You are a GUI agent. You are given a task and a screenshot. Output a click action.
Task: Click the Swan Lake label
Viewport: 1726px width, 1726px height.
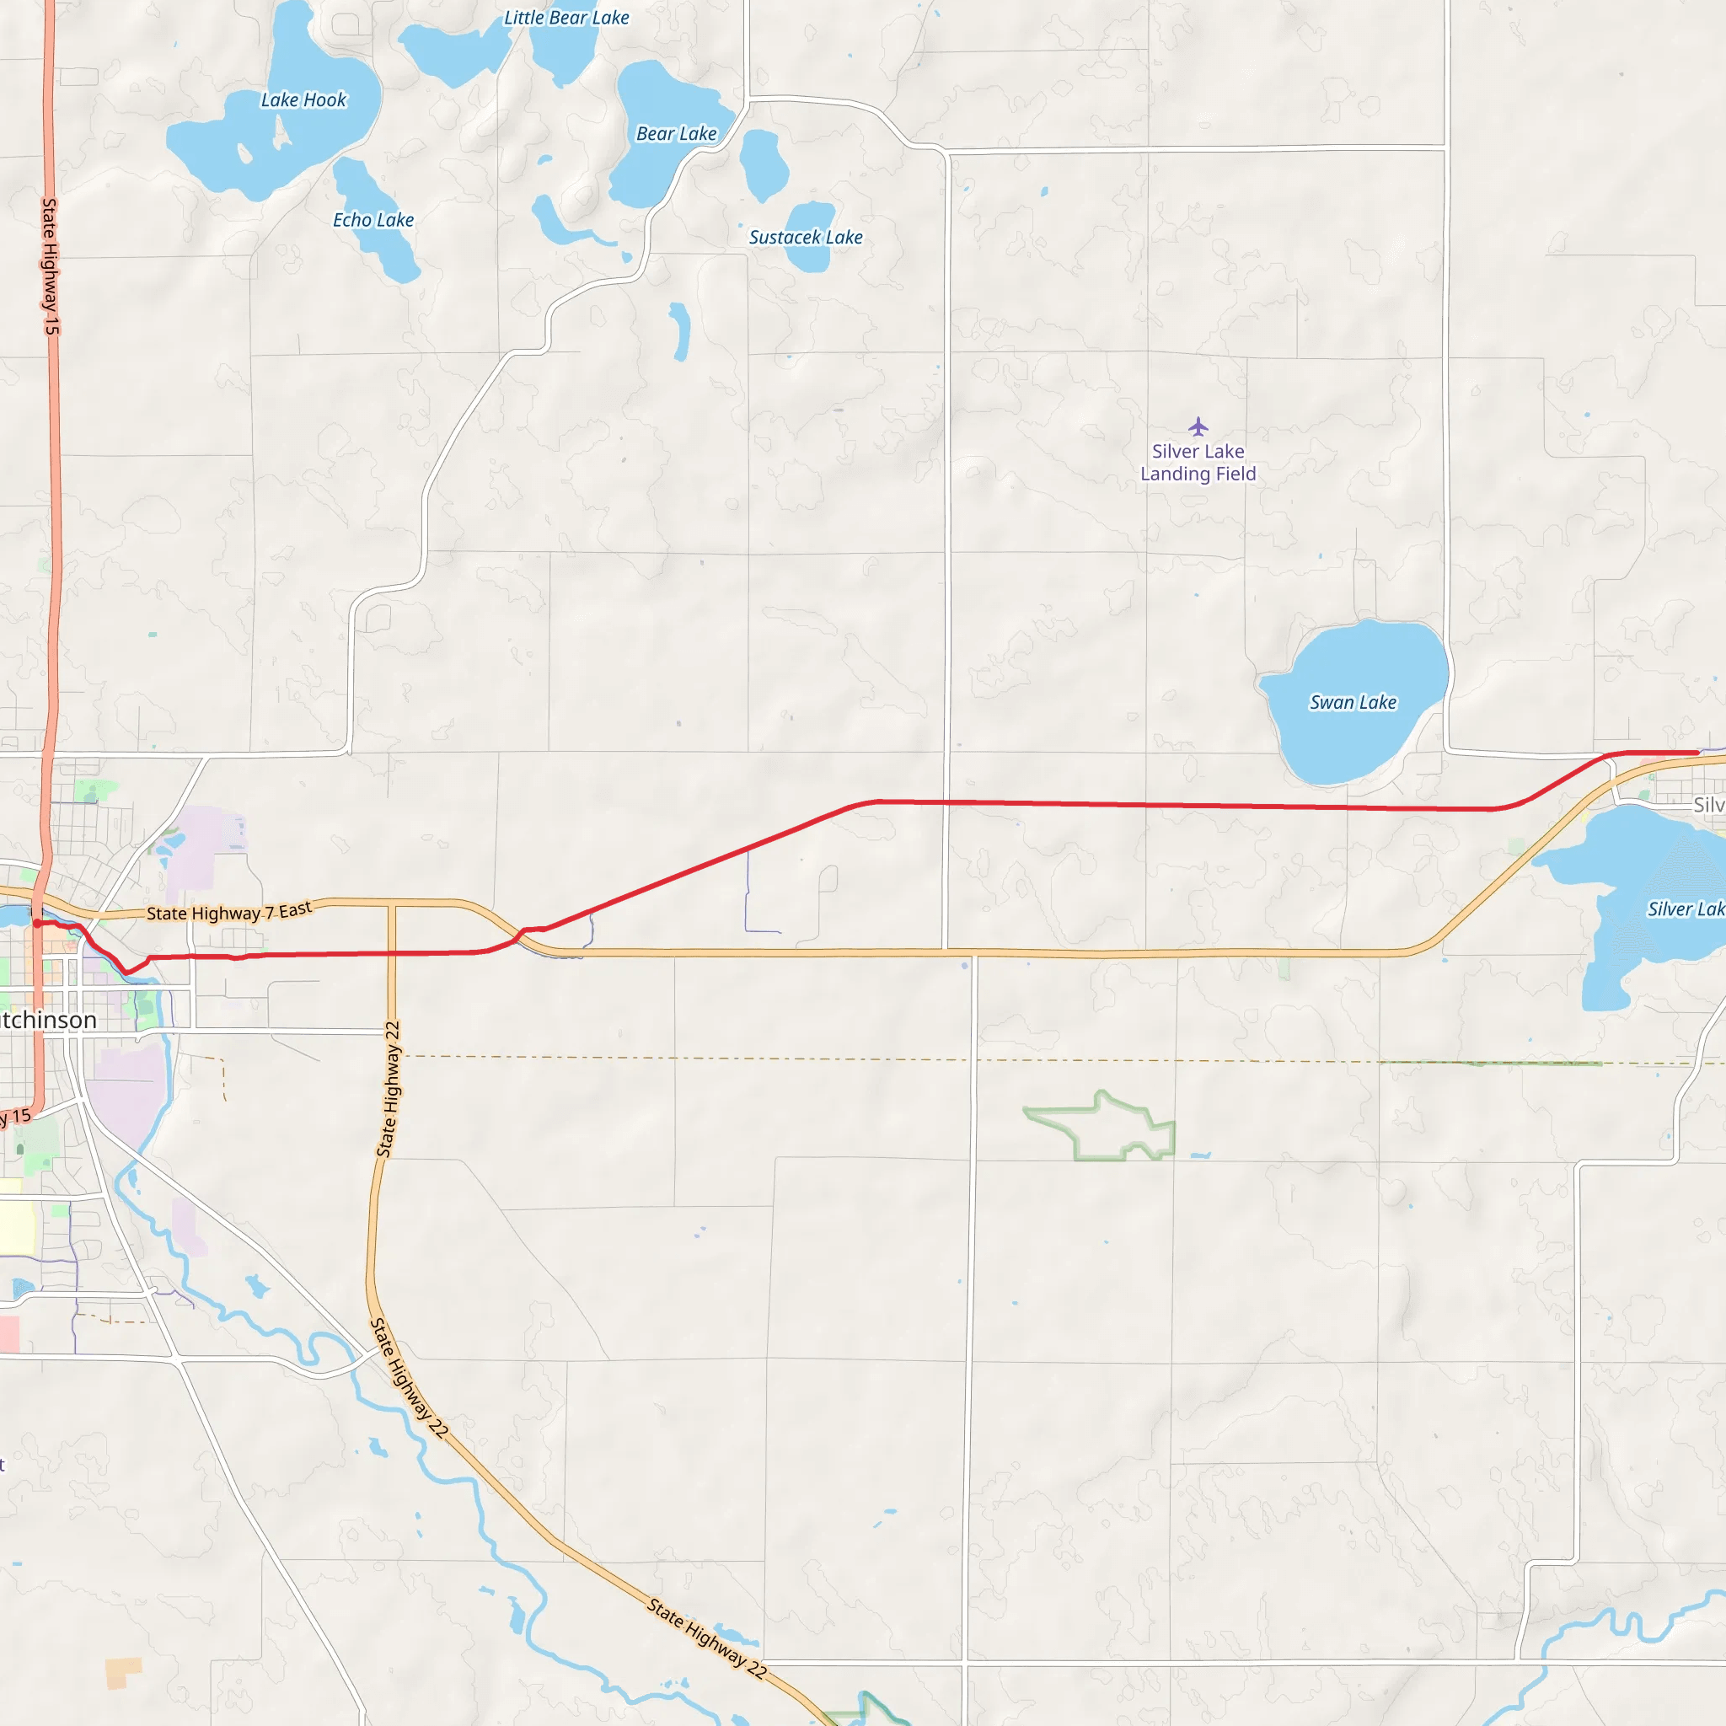click(1353, 703)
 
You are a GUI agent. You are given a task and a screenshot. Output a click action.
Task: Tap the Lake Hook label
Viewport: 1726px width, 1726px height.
click(303, 100)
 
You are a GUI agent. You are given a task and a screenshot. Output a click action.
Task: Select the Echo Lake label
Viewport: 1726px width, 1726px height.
click(373, 220)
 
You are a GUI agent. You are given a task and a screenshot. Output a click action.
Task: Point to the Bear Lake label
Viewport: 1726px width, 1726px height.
click(676, 134)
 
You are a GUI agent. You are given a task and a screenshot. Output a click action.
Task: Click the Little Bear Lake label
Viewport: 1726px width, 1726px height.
click(566, 18)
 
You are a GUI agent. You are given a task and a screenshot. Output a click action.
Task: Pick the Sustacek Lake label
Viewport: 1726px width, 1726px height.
click(805, 238)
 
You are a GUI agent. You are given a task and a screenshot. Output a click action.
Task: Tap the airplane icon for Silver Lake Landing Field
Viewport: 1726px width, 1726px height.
click(1198, 426)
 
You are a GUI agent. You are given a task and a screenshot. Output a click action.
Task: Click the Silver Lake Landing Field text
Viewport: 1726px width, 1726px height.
click(1198, 463)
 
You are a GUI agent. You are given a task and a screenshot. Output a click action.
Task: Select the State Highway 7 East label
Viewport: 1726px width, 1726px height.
click(228, 912)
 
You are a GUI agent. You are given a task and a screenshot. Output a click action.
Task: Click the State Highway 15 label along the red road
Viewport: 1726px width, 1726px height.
click(50, 266)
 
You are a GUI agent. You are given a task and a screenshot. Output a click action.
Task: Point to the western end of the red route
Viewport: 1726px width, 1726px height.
click(36, 924)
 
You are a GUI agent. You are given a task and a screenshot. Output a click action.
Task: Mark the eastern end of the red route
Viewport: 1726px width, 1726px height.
click(1697, 753)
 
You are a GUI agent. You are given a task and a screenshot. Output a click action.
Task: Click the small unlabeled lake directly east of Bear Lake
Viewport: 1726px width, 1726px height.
click(764, 165)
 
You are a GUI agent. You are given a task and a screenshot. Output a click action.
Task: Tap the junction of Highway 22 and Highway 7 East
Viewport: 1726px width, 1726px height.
click(391, 904)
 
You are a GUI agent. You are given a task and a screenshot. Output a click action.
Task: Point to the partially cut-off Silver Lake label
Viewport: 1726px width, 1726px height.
click(1685, 909)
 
